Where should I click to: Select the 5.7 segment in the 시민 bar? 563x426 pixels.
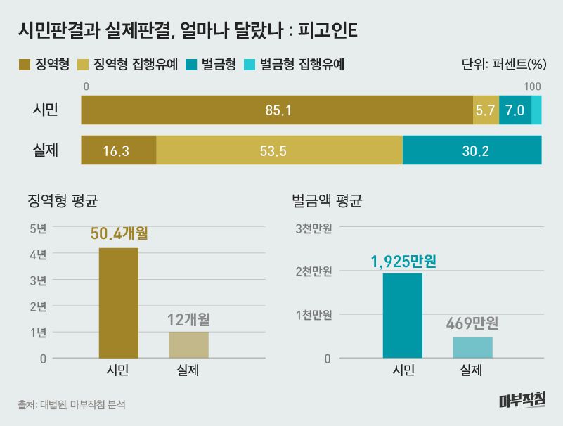(486, 110)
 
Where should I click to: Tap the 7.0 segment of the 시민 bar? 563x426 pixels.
(515, 110)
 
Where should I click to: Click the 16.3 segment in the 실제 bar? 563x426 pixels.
(119, 150)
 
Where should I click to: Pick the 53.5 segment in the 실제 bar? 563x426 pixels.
(279, 150)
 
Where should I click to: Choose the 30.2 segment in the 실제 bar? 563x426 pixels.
(472, 150)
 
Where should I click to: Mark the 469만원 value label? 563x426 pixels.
(472, 324)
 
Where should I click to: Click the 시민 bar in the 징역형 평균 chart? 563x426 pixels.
(119, 303)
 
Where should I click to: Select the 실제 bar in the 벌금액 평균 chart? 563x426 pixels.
(472, 348)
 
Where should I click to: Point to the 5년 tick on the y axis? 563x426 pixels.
(38, 228)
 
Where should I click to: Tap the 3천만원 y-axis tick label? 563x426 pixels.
(313, 228)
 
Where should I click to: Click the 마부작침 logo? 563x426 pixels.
(522, 401)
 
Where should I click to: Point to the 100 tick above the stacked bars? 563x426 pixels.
(532, 86)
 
